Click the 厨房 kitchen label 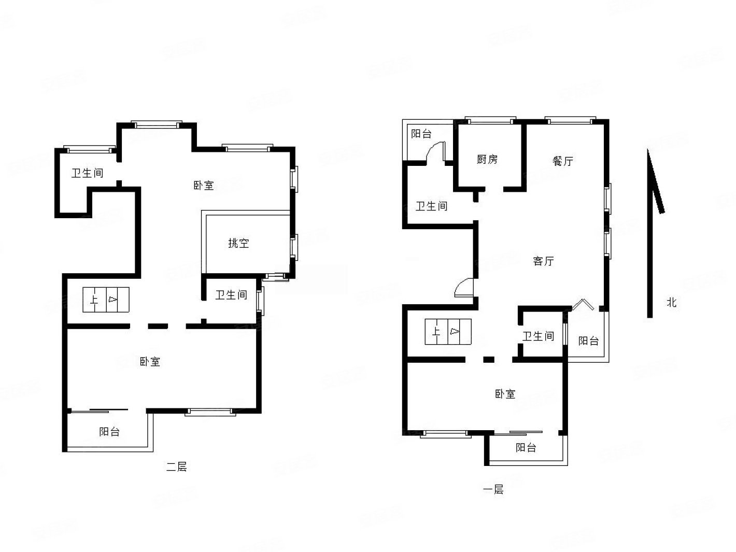coord(487,159)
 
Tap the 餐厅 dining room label coord(563,161)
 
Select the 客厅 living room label coord(543,261)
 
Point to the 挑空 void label coord(238,243)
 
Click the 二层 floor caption coord(176,466)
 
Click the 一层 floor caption coord(493,490)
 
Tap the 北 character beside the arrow coord(671,302)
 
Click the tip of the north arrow coord(648,149)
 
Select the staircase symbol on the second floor coord(106,300)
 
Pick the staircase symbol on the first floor coord(448,332)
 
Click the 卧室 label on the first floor coord(505,394)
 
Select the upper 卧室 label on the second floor coord(204,186)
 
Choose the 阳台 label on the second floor coord(109,432)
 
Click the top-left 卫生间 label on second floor coord(87,173)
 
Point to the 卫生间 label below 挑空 coord(231,295)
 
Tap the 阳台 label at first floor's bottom coord(526,447)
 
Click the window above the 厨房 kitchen coord(490,120)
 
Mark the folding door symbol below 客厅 coord(583,304)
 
